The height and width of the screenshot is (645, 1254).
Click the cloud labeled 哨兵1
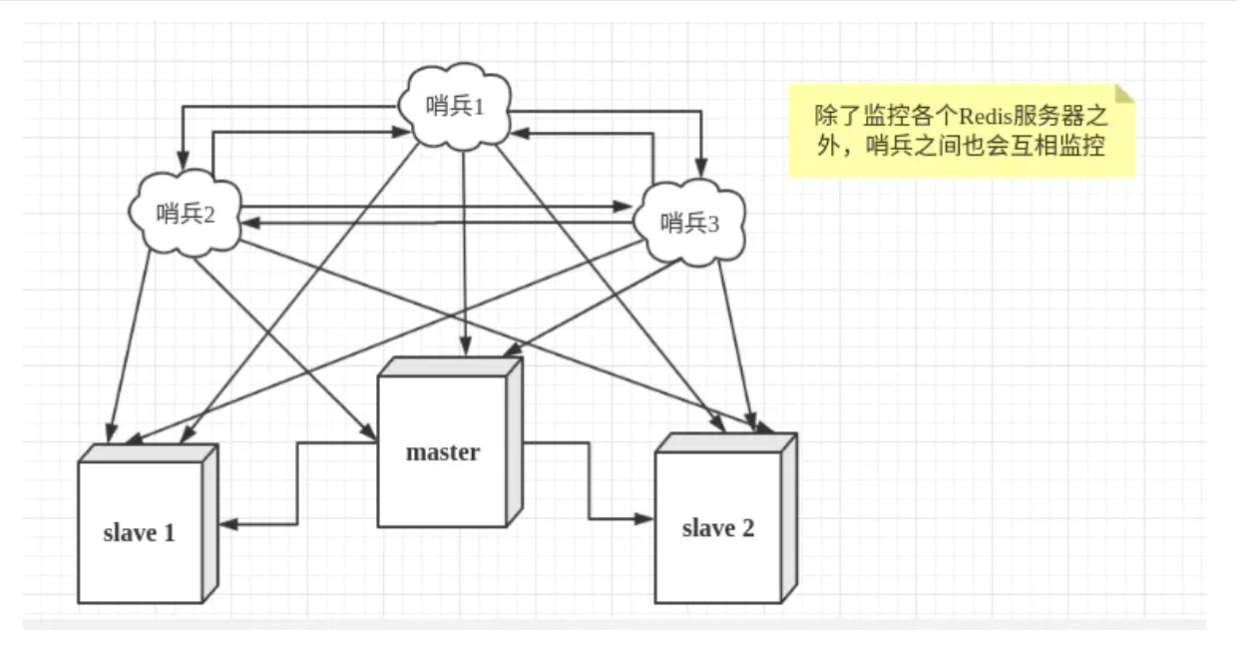454,108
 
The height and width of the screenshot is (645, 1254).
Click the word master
443,452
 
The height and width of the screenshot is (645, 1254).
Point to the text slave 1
140,532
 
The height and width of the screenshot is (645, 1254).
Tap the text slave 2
717,528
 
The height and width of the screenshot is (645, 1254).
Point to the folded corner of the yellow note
1125,94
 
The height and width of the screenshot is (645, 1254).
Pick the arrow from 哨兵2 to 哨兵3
429,207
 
